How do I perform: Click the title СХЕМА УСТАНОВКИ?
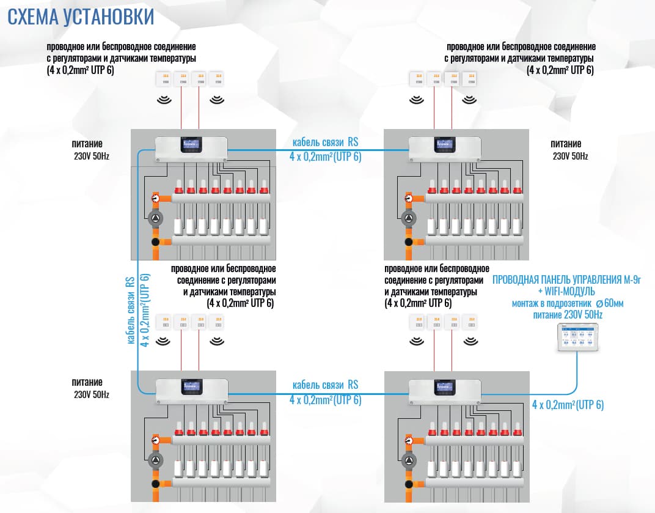tap(80, 17)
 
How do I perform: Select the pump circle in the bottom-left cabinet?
tap(156, 460)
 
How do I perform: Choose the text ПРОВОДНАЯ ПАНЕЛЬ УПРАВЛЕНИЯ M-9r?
tap(566, 281)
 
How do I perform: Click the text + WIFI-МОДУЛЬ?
tap(566, 292)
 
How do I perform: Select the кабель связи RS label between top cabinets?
tap(325, 142)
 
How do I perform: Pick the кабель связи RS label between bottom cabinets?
tap(325, 385)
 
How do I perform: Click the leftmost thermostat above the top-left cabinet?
tap(164, 79)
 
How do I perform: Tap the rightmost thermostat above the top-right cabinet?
tap(469, 79)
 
